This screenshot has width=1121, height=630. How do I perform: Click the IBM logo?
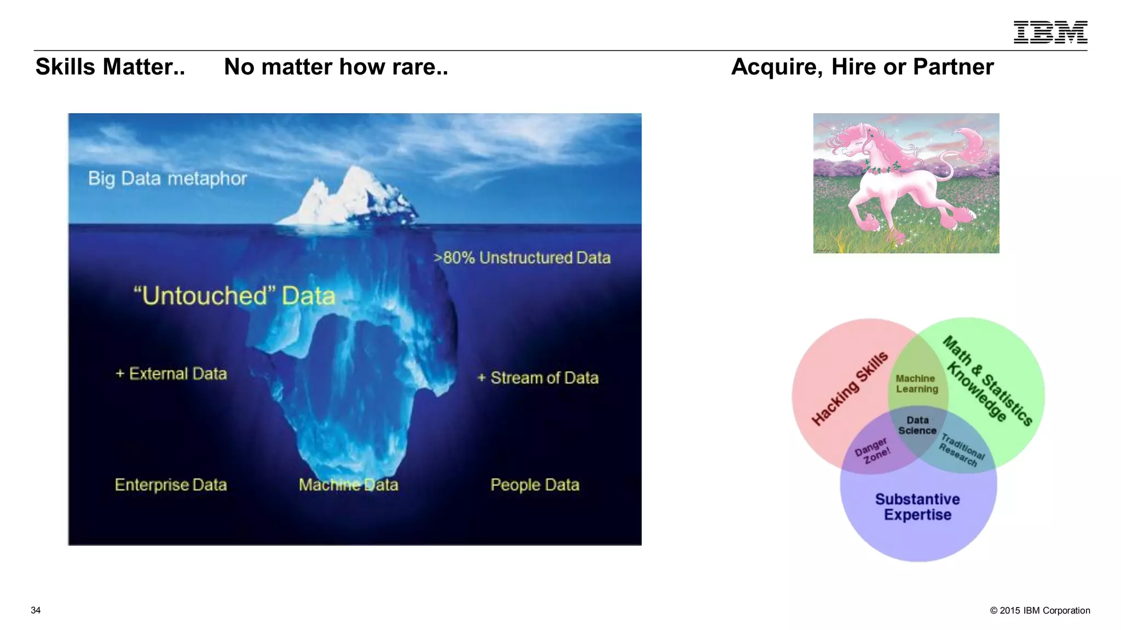point(1050,32)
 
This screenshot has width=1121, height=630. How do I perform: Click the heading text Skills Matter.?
point(110,67)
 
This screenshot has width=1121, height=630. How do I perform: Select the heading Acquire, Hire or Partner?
point(862,67)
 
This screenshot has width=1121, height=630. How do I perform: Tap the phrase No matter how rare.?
point(336,67)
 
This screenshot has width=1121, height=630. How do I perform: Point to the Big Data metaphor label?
point(167,179)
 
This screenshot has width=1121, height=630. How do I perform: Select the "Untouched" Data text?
point(234,296)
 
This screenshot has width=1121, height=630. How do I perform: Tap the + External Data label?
point(171,374)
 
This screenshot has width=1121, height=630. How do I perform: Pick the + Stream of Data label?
point(538,378)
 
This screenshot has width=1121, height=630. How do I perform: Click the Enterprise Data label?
point(171,485)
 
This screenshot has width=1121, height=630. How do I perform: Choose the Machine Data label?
point(349,485)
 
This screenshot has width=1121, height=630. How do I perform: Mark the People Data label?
point(535,485)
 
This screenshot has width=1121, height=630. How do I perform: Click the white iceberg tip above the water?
point(350,197)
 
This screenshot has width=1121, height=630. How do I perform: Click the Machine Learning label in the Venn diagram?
point(917,384)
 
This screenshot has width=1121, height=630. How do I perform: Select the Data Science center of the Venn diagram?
point(917,425)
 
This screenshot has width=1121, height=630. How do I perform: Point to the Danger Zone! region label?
point(872,451)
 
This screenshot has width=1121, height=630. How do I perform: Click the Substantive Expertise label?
point(917,507)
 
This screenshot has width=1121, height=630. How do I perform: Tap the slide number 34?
point(36,610)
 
